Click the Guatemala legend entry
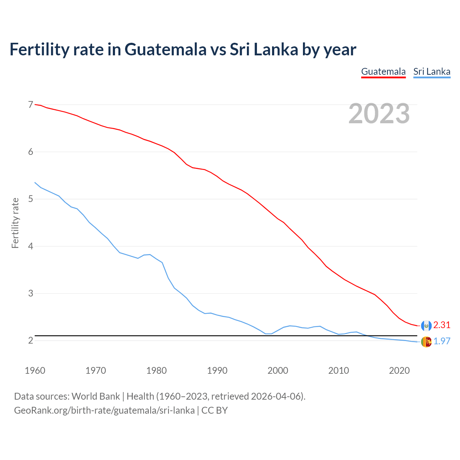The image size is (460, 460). [x=383, y=72]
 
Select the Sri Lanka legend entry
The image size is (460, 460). [x=432, y=72]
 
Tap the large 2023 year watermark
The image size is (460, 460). [x=379, y=114]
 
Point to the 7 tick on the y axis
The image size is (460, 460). [x=31, y=105]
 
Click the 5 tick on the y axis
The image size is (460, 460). [x=31, y=199]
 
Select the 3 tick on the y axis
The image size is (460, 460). [x=31, y=293]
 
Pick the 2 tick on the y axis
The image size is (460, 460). [x=31, y=340]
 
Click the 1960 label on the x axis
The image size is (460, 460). [x=35, y=371]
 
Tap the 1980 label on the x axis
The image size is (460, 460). [x=156, y=371]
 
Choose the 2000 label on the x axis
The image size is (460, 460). [x=278, y=371]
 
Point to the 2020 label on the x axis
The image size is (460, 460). [x=399, y=371]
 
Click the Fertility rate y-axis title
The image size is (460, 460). [x=15, y=223]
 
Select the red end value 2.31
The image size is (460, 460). [x=442, y=325]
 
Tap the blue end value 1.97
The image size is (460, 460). [x=442, y=341]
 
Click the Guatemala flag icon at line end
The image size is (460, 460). [x=426, y=326]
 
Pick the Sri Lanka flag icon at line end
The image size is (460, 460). [x=426, y=342]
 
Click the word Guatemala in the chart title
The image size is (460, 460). [x=166, y=49]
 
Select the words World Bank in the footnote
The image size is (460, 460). [x=96, y=396]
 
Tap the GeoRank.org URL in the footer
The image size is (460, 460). [x=104, y=410]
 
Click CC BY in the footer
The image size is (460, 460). [x=215, y=410]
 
